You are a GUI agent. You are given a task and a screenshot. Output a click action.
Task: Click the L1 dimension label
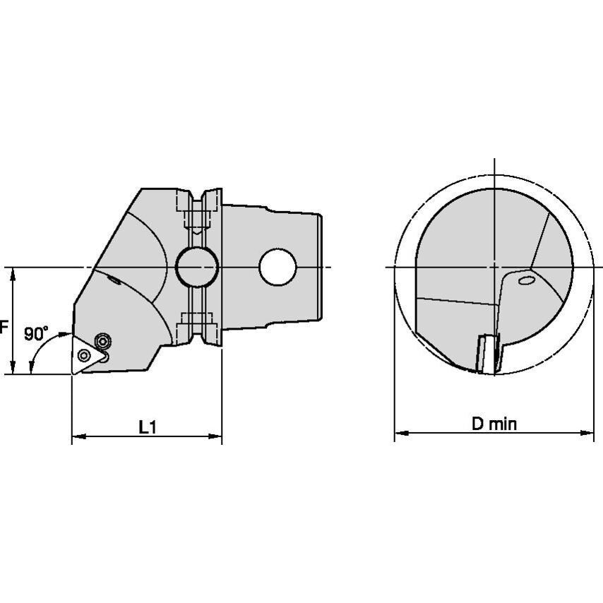coord(148,427)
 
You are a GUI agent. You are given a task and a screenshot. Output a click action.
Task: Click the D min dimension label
coord(494,424)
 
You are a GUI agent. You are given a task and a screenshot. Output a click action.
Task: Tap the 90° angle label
coord(36,333)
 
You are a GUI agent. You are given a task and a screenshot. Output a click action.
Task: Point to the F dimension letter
coord(4,327)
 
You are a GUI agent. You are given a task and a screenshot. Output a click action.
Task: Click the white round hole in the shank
coord(277,268)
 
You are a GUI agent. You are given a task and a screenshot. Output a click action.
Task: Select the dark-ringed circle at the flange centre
coord(197,267)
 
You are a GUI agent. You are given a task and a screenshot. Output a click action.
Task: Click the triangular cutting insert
coord(88,354)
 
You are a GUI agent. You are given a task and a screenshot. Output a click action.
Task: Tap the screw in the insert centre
coord(83,355)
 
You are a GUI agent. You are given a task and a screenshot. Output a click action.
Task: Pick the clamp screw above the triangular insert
coord(102,341)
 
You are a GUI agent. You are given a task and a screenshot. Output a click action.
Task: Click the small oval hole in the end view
coord(526,280)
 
